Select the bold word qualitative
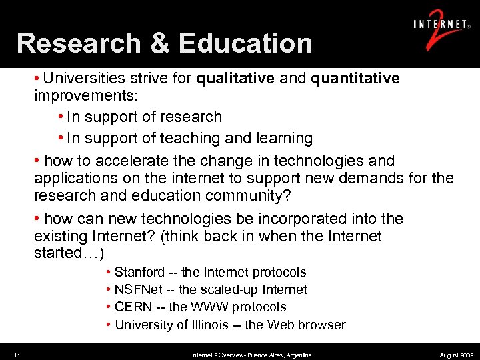coord(235,79)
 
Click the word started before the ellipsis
coord(59,254)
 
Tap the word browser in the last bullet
coord(323,325)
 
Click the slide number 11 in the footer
coord(16,355)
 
